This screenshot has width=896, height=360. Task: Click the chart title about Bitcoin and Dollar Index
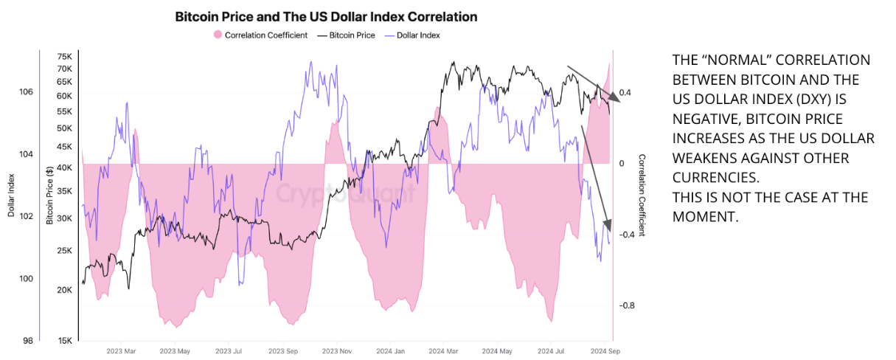point(326,16)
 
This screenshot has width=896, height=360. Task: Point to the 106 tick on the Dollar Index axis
point(26,92)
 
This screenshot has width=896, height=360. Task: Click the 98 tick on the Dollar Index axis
point(27,341)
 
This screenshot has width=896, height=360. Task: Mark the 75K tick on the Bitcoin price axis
point(64,57)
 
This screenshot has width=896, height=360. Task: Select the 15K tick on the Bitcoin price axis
point(64,341)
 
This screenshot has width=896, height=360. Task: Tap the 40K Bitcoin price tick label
point(64,167)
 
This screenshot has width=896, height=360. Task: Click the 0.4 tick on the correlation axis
point(626,93)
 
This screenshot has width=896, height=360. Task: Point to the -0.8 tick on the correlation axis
point(626,305)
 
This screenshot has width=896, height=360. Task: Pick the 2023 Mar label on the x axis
point(121,352)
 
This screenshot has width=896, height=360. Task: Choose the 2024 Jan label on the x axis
point(390,352)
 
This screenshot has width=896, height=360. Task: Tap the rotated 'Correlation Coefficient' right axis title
point(642,195)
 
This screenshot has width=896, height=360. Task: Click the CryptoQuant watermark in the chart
point(345,193)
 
